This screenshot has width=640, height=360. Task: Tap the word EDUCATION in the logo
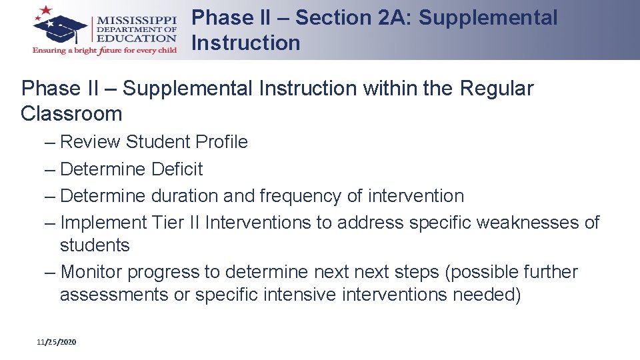[136, 39]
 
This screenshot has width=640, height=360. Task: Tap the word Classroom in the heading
[71, 113]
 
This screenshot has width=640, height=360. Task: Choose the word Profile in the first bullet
[221, 142]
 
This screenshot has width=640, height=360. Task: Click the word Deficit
[177, 169]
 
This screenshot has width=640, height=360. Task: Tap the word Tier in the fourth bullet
[169, 222]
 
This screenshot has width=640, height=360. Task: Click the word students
[95, 245]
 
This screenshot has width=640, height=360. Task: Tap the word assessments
[114, 295]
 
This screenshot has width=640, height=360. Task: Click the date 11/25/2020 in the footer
[57, 342]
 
